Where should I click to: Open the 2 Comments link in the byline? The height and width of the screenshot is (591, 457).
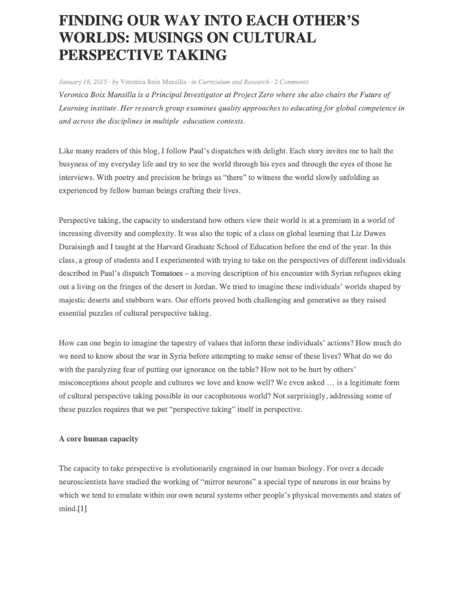[290, 82]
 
